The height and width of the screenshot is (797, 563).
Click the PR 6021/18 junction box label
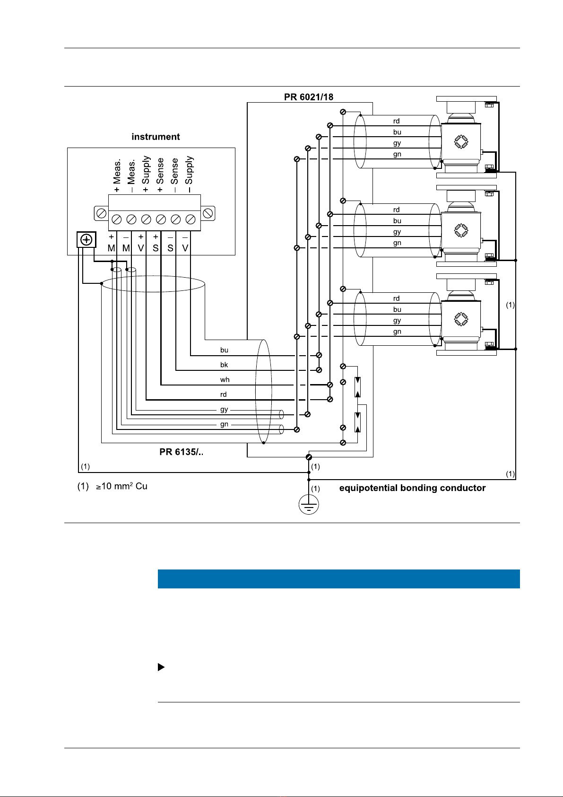click(308, 97)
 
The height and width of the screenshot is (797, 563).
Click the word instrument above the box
click(156, 137)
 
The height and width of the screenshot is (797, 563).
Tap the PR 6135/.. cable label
click(182, 452)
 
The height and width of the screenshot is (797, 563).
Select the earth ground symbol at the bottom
click(309, 505)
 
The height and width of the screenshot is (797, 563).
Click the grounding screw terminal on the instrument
click(87, 239)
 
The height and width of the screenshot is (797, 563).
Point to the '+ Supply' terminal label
click(146, 174)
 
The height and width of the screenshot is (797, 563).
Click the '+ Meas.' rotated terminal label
click(117, 175)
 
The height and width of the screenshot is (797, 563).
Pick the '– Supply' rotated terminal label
click(189, 175)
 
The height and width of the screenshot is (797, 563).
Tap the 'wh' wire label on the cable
click(225, 380)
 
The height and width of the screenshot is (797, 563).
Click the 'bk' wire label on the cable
click(224, 365)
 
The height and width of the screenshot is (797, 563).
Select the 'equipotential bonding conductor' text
click(412, 488)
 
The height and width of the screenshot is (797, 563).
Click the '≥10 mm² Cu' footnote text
click(121, 486)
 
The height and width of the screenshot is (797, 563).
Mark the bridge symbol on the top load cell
click(461, 141)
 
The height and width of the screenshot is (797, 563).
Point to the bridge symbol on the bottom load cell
click(461, 319)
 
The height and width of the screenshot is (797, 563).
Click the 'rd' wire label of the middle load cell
click(397, 210)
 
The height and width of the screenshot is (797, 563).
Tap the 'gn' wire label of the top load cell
click(397, 154)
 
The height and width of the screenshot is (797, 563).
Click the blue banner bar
click(338, 579)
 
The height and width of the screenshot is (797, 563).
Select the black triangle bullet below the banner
click(161, 667)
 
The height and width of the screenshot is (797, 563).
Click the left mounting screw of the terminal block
click(101, 213)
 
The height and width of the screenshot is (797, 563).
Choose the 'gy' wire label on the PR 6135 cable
click(224, 410)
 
